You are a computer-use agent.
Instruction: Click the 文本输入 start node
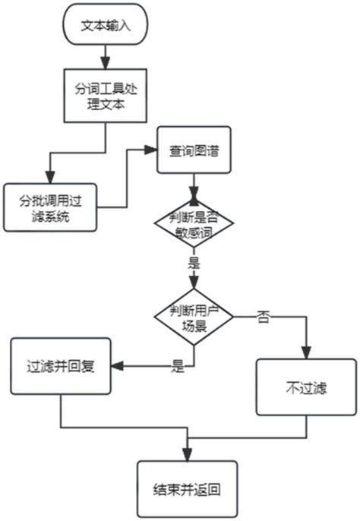[107, 24]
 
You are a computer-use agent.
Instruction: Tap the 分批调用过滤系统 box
[51, 207]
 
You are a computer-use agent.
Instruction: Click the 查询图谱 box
[194, 150]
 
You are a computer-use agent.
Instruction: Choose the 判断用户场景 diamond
[194, 314]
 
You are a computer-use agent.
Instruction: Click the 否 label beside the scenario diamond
[263, 317]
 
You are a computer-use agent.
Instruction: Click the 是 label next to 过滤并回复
[178, 368]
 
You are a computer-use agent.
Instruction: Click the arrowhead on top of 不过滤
[307, 352]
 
